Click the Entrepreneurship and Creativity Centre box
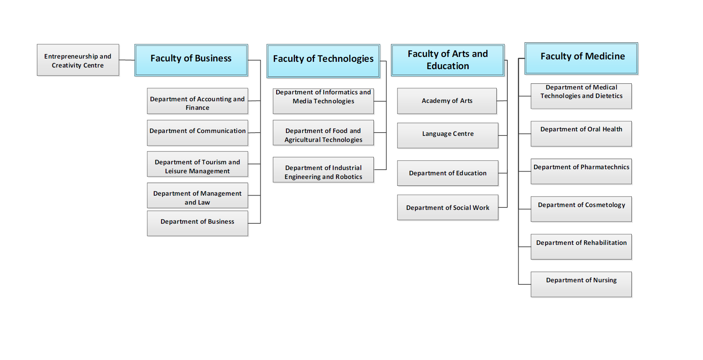(x=78, y=60)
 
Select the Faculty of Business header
(x=191, y=60)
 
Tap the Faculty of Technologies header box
(x=323, y=61)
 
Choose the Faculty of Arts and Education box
(x=448, y=60)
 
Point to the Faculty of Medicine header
(x=581, y=59)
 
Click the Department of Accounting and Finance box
(x=198, y=101)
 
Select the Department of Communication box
(x=198, y=133)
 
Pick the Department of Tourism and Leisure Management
(x=198, y=164)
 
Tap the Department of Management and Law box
(x=198, y=196)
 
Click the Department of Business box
(x=198, y=223)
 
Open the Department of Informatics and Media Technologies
(x=323, y=101)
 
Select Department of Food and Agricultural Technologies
(x=323, y=133)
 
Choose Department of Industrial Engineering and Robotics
(x=323, y=170)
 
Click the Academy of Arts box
(x=447, y=101)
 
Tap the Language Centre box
(x=448, y=135)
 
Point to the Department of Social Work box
(x=448, y=207)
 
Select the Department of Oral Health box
(x=581, y=134)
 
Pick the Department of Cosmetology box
(x=581, y=209)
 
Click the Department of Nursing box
(x=581, y=284)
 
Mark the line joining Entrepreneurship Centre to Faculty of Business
(x=127, y=60)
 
